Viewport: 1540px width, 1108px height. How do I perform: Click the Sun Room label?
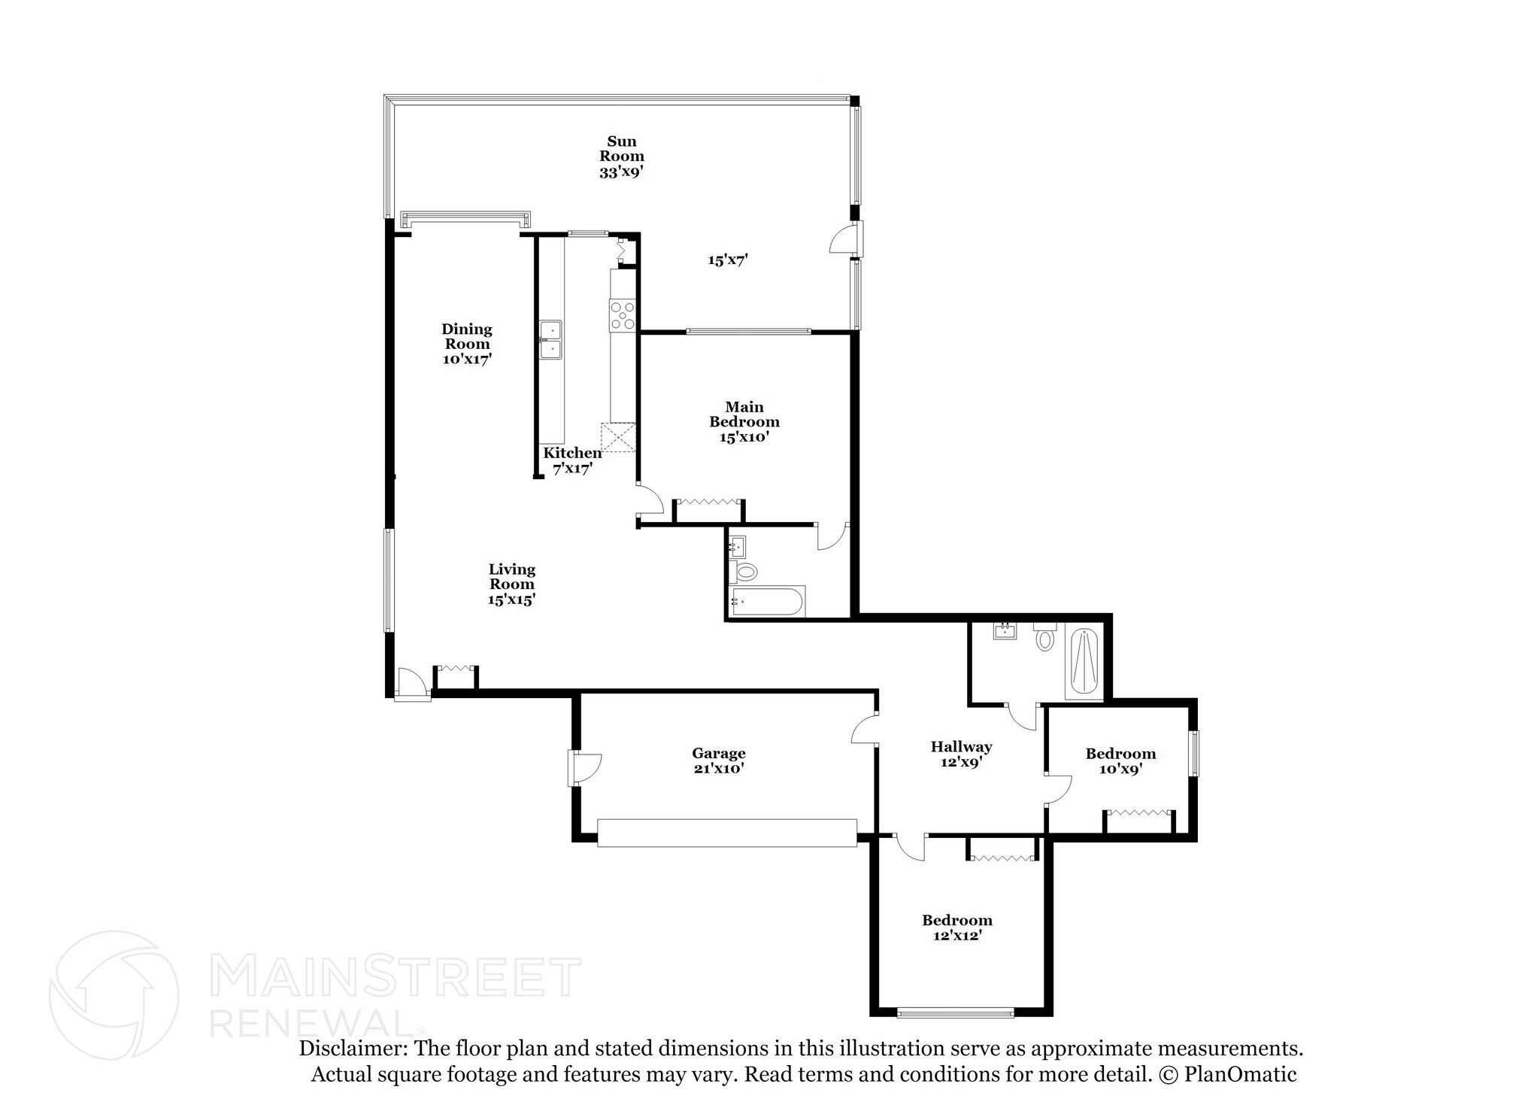(621, 149)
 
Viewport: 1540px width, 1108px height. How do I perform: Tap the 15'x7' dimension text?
(727, 260)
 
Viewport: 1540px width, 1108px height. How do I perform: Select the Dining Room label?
(466, 336)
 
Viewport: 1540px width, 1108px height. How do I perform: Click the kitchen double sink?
(550, 341)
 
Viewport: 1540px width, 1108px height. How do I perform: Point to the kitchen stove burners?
(623, 315)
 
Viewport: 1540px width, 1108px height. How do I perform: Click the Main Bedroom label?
(744, 414)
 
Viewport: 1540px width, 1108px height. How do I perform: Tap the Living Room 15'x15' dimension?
(511, 600)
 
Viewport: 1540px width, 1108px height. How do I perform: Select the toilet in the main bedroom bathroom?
(744, 571)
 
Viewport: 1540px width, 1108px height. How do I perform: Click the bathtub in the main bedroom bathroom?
(767, 602)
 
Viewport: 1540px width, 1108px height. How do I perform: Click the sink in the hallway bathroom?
(1005, 630)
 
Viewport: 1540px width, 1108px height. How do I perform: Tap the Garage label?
(719, 753)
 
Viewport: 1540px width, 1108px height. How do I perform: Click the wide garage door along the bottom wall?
(727, 833)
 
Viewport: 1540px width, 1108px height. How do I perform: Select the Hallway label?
(961, 747)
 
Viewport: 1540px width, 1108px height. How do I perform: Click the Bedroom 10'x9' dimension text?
(1120, 769)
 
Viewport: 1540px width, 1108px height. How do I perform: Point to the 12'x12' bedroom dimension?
(957, 936)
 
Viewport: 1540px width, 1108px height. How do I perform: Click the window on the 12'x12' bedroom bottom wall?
(956, 1012)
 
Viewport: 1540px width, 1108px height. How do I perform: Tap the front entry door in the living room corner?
(412, 684)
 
